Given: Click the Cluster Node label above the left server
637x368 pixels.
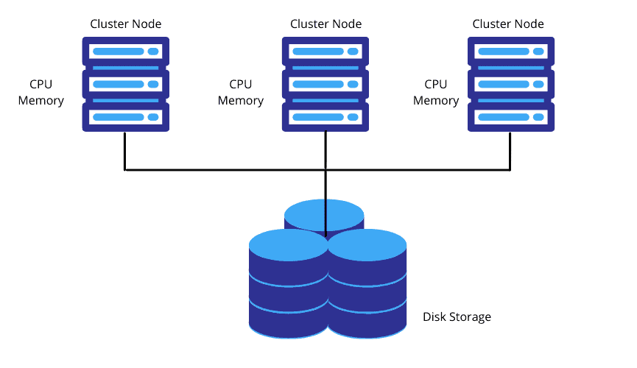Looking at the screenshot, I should point(126,24).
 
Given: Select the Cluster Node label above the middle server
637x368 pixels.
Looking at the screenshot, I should point(325,24).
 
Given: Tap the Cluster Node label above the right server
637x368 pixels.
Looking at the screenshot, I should point(508,24).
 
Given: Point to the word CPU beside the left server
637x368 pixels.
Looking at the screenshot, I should point(41,85).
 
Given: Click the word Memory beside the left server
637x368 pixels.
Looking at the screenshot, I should point(41,101).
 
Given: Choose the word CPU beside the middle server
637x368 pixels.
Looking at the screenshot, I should point(240,85).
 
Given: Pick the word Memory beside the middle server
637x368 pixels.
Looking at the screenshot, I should point(240,101).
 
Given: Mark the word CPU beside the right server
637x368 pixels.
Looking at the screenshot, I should point(436,85).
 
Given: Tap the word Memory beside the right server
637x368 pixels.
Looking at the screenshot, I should point(436,101).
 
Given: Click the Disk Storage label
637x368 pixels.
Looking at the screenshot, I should point(457,317).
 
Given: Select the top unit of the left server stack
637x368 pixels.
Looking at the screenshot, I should point(126,52).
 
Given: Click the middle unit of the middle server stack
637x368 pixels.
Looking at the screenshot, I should point(325,85).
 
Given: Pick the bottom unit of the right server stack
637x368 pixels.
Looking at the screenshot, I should point(511,117).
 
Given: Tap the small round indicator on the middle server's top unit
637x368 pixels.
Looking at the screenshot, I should point(353,52).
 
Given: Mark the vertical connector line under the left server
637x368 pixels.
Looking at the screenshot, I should point(124,151).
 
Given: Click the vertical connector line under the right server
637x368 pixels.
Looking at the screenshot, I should point(510,151).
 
